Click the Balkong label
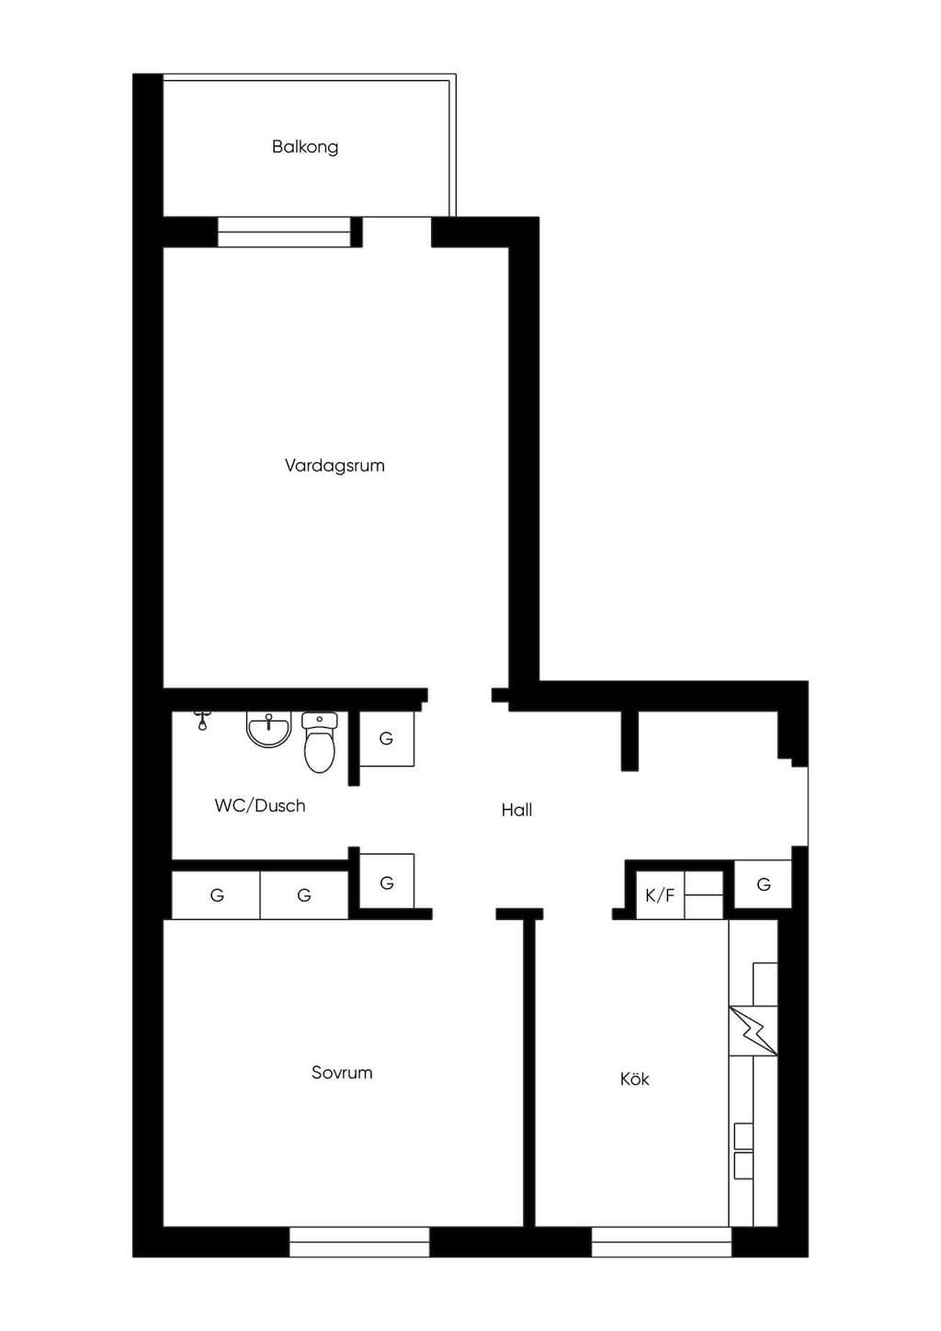pyautogui.click(x=305, y=147)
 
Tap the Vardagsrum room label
pyautogui.click(x=334, y=465)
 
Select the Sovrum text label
pyautogui.click(x=342, y=1073)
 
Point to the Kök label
pyautogui.click(x=634, y=1078)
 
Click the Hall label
pyautogui.click(x=516, y=810)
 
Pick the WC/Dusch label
pyautogui.click(x=260, y=806)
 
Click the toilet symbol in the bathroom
pyautogui.click(x=319, y=742)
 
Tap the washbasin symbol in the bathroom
pyautogui.click(x=268, y=730)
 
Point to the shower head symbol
pyautogui.click(x=202, y=720)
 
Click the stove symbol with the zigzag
pyautogui.click(x=753, y=1031)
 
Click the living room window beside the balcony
pyautogui.click(x=283, y=232)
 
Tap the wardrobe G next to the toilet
pyautogui.click(x=386, y=739)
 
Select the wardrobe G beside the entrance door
pyautogui.click(x=764, y=884)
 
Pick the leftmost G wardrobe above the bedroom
pyautogui.click(x=216, y=895)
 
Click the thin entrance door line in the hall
pyautogui.click(x=808, y=806)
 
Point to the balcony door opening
pyautogui.click(x=396, y=232)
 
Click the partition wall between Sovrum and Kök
pyautogui.click(x=530, y=1073)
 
